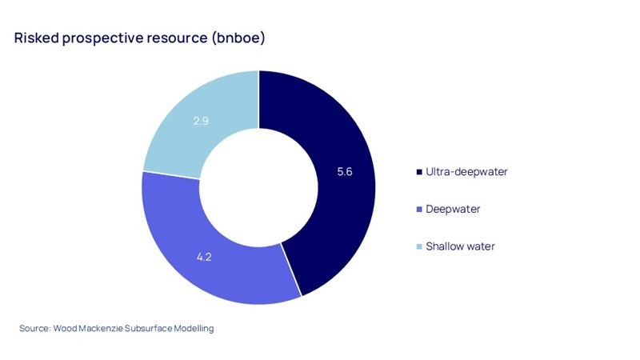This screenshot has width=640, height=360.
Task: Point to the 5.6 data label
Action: tap(345, 172)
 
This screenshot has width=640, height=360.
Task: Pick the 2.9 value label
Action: tap(202, 121)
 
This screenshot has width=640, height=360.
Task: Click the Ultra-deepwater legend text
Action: tap(467, 172)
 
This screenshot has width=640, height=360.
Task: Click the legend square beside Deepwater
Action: tap(421, 210)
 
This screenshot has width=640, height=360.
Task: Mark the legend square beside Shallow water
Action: tap(421, 246)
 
